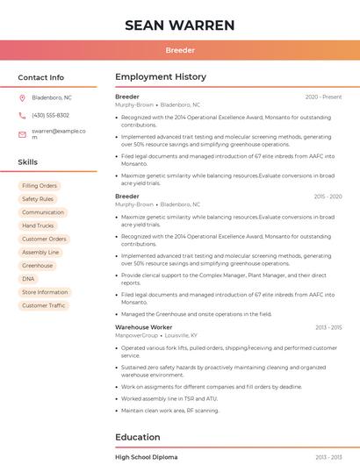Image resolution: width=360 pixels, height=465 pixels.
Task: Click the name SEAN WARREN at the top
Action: [180, 25]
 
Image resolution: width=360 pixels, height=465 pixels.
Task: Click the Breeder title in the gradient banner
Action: [180, 51]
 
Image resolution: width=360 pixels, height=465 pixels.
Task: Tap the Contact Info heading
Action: [41, 77]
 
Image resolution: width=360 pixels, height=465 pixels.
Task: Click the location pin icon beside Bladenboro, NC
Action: [22, 97]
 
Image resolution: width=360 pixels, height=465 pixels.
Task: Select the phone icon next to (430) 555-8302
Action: [22, 115]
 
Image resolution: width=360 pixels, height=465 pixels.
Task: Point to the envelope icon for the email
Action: [22, 134]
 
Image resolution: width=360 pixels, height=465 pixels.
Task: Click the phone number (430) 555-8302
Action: [50, 115]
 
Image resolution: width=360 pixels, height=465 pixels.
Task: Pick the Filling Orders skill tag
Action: [40, 186]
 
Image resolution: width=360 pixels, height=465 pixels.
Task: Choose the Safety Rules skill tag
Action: [38, 199]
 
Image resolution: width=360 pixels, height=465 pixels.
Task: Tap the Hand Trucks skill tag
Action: [38, 225]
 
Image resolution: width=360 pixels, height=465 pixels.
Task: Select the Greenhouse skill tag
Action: [38, 266]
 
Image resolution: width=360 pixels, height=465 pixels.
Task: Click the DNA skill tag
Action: [28, 279]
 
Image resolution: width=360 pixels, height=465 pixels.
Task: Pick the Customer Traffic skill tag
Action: [44, 305]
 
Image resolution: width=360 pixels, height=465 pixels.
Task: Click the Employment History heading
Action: [161, 77]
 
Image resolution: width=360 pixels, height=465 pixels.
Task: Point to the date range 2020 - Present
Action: [323, 97]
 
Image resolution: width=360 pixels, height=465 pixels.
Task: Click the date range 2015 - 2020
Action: [328, 197]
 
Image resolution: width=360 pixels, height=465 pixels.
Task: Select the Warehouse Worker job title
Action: [143, 327]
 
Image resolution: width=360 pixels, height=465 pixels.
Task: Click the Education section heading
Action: [138, 437]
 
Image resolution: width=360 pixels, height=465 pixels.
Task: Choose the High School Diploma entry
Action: [146, 457]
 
